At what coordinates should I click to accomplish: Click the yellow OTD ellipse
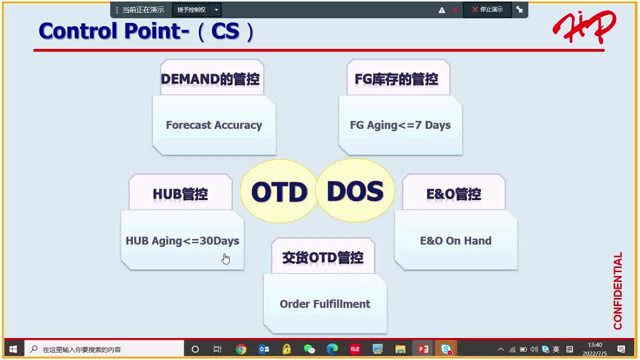279,191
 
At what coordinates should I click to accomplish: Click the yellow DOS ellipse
355,191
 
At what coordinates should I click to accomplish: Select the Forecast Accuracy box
214,125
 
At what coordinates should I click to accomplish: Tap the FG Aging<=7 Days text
400,125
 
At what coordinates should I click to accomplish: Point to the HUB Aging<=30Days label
182,241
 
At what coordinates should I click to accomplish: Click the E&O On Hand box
455,241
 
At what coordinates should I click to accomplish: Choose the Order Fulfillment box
325,304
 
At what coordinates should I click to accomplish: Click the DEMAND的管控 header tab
210,79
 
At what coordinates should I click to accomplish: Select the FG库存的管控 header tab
396,79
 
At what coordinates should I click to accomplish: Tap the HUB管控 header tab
180,194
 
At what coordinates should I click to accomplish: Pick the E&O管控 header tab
453,194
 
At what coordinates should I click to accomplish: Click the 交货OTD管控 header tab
323,257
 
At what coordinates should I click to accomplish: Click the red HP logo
584,27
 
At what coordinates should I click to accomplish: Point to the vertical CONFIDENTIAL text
618,290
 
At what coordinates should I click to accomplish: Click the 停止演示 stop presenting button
487,9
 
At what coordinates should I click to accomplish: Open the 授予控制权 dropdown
196,9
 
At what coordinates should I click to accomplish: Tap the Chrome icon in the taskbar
241,349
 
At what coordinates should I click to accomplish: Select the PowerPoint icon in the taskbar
423,349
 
